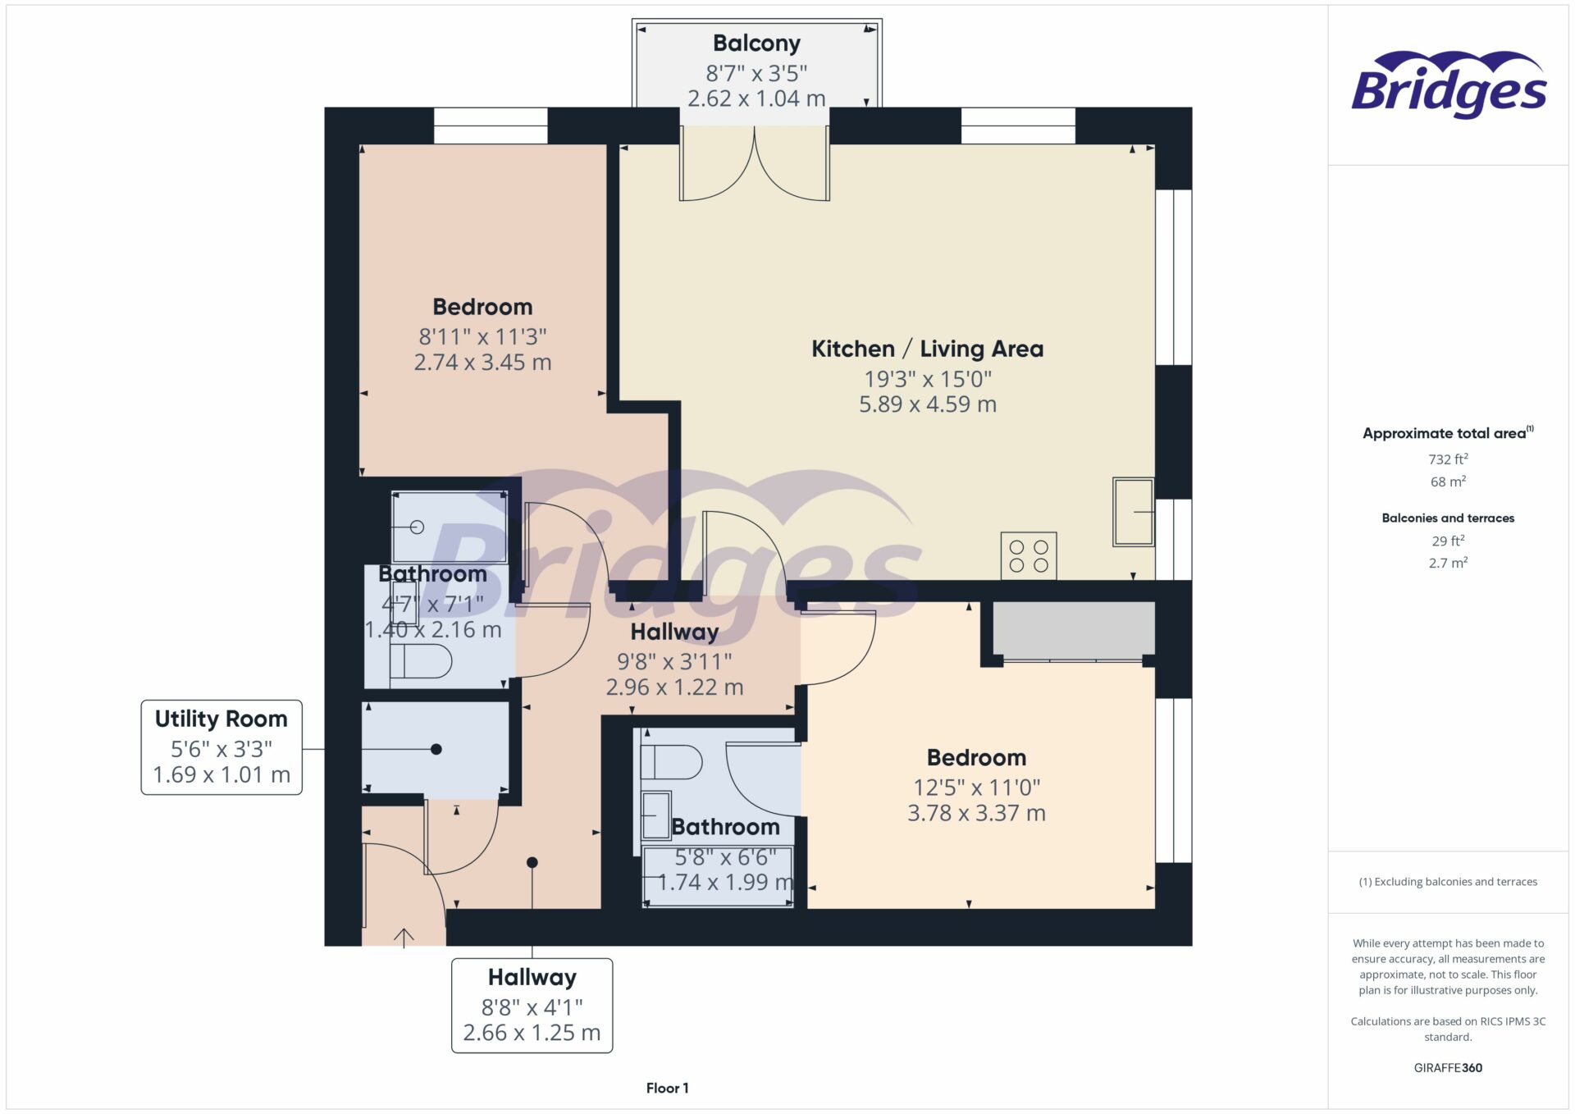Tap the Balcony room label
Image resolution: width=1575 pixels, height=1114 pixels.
[x=756, y=43]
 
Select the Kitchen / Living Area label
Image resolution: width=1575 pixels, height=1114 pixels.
[x=927, y=349]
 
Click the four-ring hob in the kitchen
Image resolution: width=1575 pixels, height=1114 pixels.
[x=1029, y=556]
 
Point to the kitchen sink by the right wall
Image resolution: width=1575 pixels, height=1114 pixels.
[x=1133, y=512]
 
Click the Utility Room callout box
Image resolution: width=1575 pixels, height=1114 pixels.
[x=221, y=746]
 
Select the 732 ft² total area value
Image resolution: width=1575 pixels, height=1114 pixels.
[x=1448, y=459]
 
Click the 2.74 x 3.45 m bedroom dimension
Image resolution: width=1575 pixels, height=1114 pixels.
[x=482, y=363]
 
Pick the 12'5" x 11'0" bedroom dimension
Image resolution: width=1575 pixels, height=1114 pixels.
[x=976, y=788]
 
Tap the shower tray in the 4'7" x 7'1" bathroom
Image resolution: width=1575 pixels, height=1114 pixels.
[x=449, y=527]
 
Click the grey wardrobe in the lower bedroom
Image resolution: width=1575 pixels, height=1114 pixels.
[x=1073, y=630]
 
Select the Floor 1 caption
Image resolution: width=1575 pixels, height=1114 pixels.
[x=667, y=1088]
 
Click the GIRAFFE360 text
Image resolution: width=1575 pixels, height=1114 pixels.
[x=1448, y=1067]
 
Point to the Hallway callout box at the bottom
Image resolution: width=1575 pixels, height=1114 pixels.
[x=532, y=1005]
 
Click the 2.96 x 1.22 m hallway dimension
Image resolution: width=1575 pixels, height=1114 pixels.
[x=674, y=687]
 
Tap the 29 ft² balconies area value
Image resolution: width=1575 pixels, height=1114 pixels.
[x=1448, y=541]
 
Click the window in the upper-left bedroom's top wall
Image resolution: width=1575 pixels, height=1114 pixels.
[x=490, y=126]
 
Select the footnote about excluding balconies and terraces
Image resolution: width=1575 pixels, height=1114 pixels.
[x=1448, y=882]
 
